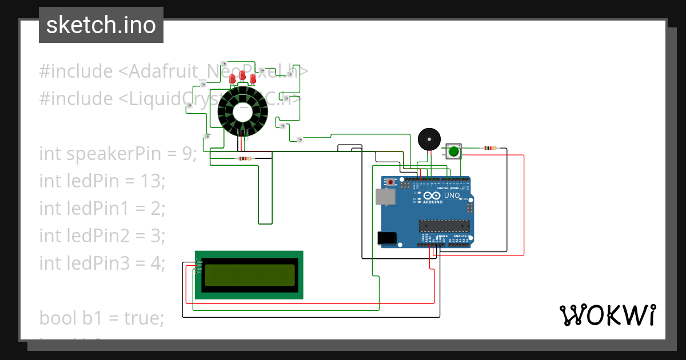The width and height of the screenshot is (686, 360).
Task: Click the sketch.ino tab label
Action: point(101,25)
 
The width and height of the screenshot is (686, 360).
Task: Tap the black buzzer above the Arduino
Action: point(429,139)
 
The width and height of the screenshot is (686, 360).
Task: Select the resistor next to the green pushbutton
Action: point(489,148)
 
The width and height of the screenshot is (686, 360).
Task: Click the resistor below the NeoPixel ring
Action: point(245,158)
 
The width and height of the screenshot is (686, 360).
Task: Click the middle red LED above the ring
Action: point(242,75)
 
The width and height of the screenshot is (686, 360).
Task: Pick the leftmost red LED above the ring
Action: point(233,79)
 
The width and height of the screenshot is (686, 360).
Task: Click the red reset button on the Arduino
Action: point(391,182)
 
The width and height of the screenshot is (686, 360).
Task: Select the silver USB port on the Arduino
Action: point(385,197)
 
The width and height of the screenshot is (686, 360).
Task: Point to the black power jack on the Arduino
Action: point(387,238)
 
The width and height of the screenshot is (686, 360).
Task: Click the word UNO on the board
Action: point(452,195)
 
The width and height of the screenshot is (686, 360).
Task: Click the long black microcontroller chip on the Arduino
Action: point(444,226)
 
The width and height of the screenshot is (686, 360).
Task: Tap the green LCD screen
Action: point(249,275)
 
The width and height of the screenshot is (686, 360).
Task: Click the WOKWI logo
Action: point(607,315)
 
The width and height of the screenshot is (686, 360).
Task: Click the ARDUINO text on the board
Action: point(433,202)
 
